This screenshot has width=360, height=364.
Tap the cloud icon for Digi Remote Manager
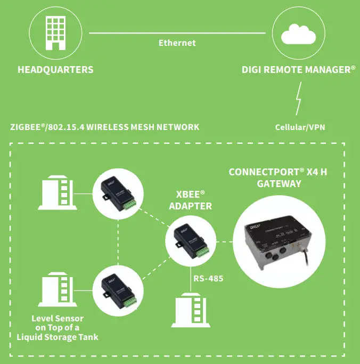tap(298, 33)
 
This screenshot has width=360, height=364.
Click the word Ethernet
tap(177, 43)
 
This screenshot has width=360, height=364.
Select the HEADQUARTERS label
tap(55, 70)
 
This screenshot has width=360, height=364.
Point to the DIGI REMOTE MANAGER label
tap(298, 70)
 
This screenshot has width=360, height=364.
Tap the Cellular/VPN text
tap(300, 127)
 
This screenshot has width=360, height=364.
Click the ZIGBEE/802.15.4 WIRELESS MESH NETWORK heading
tap(105, 127)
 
